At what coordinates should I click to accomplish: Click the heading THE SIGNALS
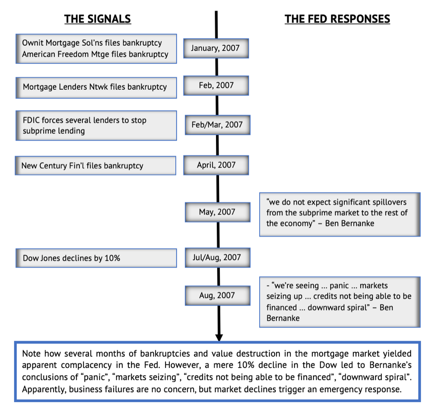coord(98,19)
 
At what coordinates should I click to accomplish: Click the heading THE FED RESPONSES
coord(337,19)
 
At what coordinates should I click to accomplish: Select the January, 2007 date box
coord(216,48)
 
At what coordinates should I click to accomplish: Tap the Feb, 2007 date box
coord(216,86)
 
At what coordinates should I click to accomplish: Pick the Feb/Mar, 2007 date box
coord(218,125)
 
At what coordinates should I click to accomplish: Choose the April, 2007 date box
coord(216,165)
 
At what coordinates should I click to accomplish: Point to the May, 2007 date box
coord(218,212)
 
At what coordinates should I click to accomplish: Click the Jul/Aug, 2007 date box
coord(218,257)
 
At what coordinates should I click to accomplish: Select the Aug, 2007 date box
coord(218,295)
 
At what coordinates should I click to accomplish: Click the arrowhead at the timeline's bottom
coord(219,338)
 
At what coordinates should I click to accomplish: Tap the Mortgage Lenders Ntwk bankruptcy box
coord(96,88)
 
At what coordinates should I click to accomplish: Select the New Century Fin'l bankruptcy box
coord(95,165)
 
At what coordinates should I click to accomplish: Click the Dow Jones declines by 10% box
coord(96,258)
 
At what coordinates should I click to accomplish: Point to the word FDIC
coord(31,120)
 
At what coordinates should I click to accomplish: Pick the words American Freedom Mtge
coord(66,54)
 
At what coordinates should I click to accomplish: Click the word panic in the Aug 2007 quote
coord(339,286)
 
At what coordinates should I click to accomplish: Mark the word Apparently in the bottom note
coord(44,390)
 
